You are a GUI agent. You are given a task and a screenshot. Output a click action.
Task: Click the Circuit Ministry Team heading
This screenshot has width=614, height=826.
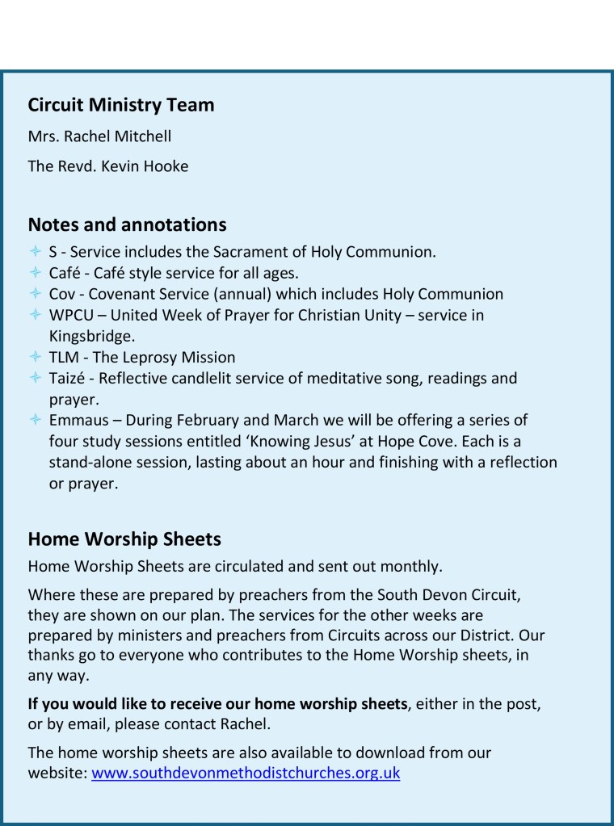(121, 105)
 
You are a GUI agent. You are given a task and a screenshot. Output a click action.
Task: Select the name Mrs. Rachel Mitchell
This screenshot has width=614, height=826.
(99, 136)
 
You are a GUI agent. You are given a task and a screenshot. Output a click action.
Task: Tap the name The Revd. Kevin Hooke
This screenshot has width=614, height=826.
(108, 166)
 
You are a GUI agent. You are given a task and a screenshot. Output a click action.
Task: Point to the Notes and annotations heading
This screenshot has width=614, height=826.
(127, 224)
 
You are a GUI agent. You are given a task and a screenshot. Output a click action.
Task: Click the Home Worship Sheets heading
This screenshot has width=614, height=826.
(124, 539)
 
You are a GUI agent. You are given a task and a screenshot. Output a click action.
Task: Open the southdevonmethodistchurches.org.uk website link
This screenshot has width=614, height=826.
(246, 774)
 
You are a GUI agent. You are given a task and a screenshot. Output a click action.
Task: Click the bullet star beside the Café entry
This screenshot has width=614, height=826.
(35, 273)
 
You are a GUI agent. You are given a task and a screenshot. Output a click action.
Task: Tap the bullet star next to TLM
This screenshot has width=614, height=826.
(35, 357)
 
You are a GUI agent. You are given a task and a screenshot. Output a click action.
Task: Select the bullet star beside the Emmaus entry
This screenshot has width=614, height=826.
(35, 420)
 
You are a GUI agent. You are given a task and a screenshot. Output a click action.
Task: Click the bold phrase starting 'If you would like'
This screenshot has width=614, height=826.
(217, 704)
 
